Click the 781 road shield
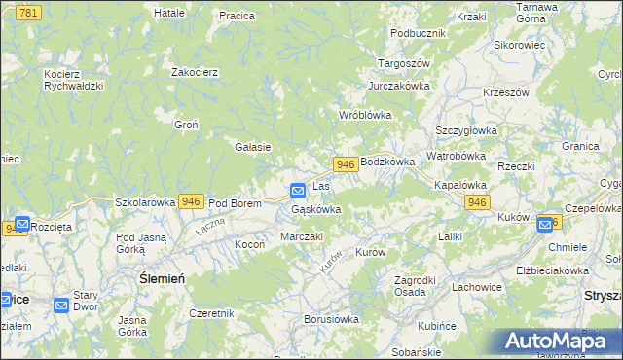(29, 12)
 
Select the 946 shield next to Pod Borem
(191, 201)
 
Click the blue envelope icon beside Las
(298, 189)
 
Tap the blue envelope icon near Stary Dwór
(62, 305)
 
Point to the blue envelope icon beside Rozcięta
(21, 224)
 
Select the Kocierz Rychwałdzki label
(73, 79)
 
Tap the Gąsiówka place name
(316, 209)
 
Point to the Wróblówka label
(364, 115)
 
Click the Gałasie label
(252, 147)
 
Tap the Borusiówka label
(332, 318)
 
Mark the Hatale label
(169, 13)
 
